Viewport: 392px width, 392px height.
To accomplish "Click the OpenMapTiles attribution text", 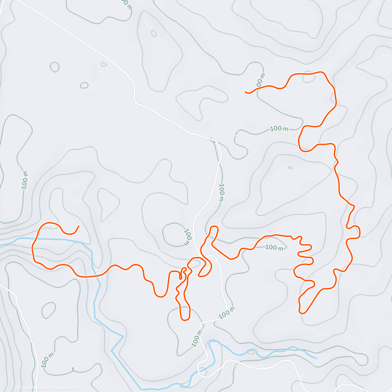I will coord(34,388).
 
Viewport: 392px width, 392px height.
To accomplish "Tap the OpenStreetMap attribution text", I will coord(68,388).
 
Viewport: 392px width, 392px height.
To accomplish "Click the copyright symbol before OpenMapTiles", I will coord(18,388).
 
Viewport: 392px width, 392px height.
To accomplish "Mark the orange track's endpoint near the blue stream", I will coord(78,226).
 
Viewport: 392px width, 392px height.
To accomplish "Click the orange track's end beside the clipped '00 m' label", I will coord(246,92).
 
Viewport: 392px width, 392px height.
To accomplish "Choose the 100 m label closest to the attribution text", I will coord(46,360).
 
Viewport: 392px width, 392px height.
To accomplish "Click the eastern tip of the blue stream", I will coord(316,358).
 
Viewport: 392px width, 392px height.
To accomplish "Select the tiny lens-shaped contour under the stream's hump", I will coord(251,352).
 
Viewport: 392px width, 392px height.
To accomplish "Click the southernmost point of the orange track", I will coord(185,320).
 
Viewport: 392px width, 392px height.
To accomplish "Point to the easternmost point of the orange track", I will coord(360,232).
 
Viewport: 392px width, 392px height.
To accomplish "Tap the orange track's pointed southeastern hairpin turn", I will coord(302,313).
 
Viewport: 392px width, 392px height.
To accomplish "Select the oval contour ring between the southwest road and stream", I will coord(49,310).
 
